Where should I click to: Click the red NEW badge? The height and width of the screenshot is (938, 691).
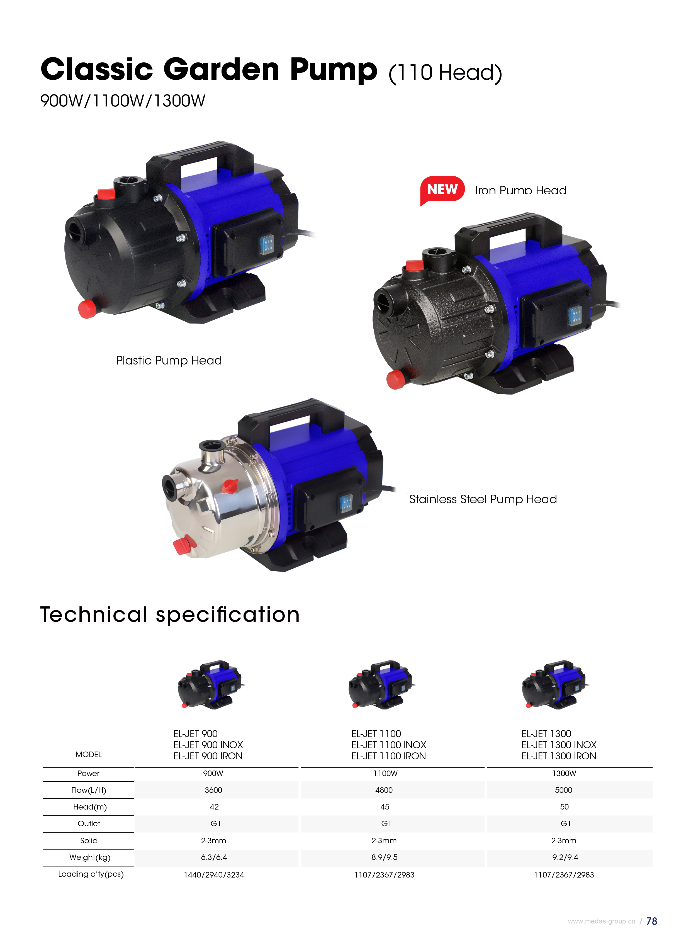click(x=442, y=190)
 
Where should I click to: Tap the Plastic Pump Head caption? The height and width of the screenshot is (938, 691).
click(x=169, y=361)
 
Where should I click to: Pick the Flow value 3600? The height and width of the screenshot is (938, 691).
click(x=213, y=790)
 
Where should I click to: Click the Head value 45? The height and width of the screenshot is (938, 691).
click(x=385, y=807)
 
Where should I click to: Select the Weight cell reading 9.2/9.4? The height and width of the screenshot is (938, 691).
click(x=565, y=857)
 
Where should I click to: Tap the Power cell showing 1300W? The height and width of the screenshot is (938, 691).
click(x=564, y=773)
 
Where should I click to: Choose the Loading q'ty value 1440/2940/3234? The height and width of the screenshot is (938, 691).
click(x=214, y=875)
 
